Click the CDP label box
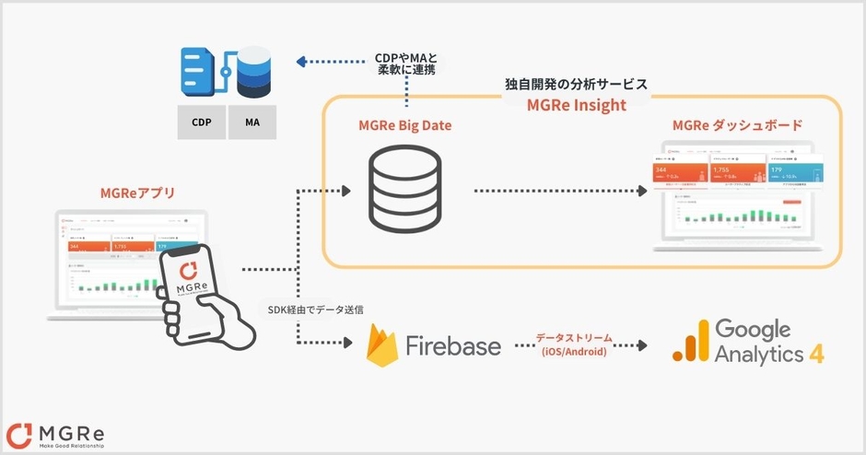pos(201,122)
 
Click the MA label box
pos(252,122)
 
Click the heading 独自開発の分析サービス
pos(576,84)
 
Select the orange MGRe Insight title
pos(576,105)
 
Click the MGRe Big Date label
pos(406,125)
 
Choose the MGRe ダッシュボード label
pos(737,125)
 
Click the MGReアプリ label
pos(137,192)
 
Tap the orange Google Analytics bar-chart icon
pos(690,343)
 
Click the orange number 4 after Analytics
pos(815,356)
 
